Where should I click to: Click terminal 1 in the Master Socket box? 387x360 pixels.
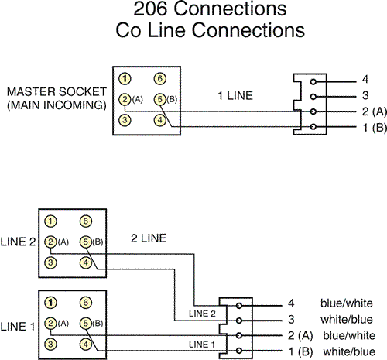click(x=125, y=79)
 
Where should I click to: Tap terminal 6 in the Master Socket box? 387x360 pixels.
click(x=160, y=79)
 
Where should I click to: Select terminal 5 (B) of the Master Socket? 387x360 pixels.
click(x=160, y=99)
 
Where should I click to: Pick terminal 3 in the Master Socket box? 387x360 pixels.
click(x=125, y=120)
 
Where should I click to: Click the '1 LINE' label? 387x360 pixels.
click(x=235, y=96)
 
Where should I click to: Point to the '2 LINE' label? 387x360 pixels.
click(x=149, y=238)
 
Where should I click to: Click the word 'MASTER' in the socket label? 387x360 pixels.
click(x=31, y=92)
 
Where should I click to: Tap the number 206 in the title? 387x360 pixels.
click(x=150, y=9)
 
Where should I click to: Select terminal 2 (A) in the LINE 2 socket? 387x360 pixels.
click(x=50, y=242)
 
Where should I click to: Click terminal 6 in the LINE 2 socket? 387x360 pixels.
click(x=86, y=221)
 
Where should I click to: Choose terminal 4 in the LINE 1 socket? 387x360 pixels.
click(x=86, y=345)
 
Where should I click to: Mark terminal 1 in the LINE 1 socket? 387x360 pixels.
click(x=50, y=303)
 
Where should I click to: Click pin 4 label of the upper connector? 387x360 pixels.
click(x=365, y=79)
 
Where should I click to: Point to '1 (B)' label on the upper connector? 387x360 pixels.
click(x=375, y=128)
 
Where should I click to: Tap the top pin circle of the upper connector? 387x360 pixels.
click(x=313, y=82)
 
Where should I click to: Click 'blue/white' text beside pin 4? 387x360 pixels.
click(x=347, y=303)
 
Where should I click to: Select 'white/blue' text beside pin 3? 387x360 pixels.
click(x=347, y=320)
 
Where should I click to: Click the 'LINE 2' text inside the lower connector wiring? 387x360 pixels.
click(x=202, y=314)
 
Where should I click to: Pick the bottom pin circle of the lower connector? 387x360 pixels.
click(x=239, y=351)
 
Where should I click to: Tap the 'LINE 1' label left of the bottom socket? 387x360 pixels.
click(x=18, y=327)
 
